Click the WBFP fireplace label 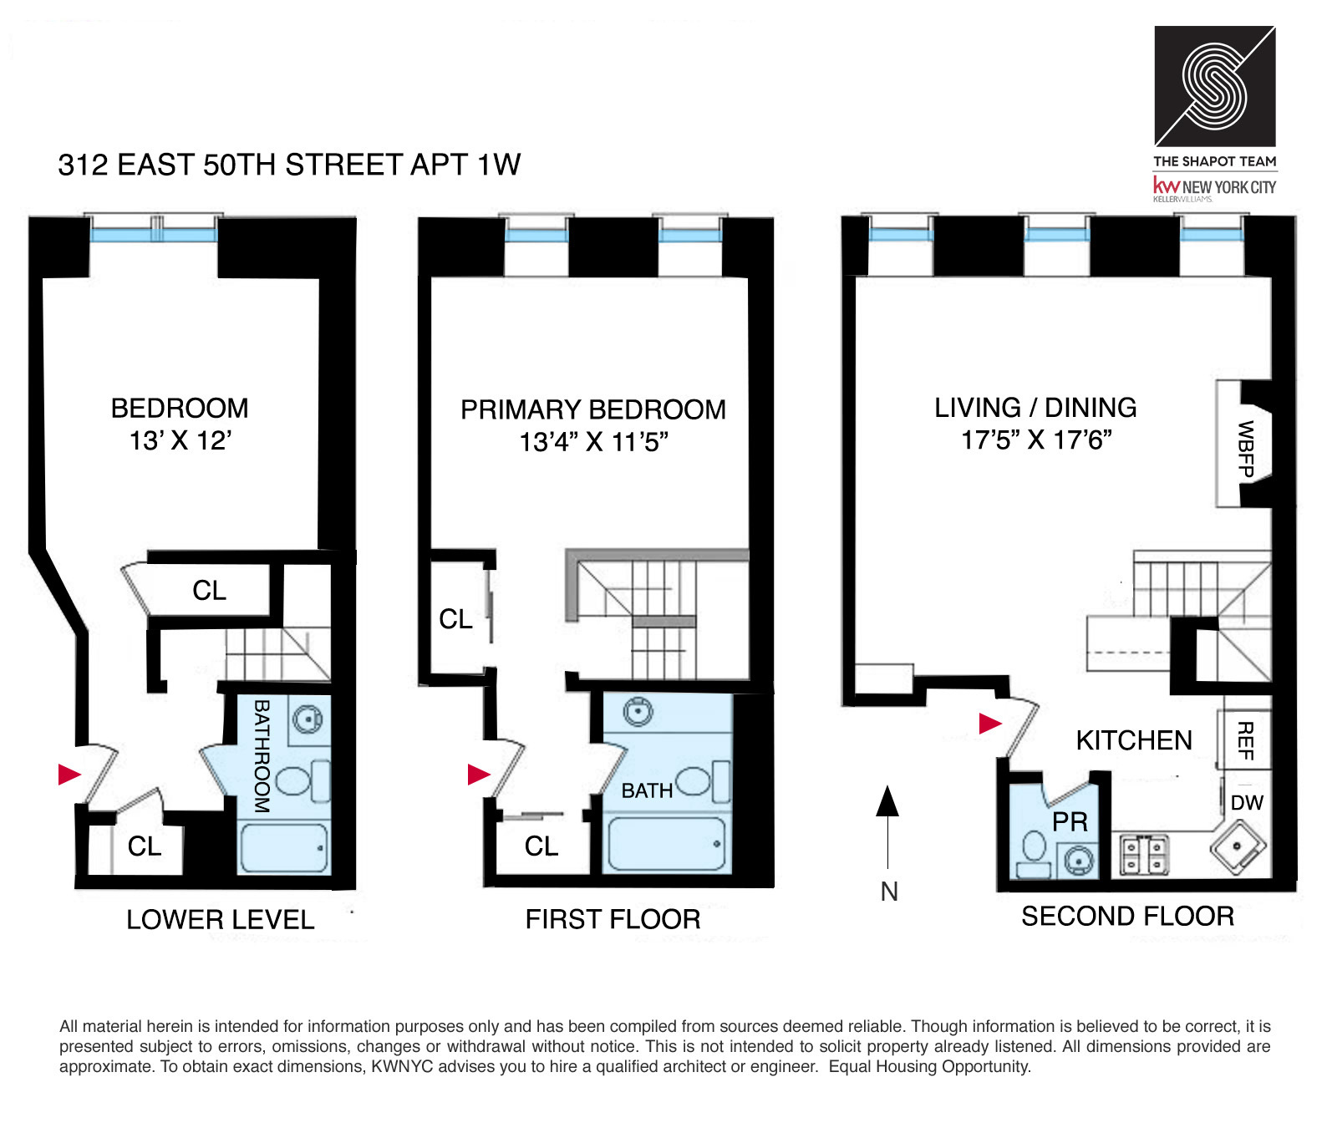[x=1245, y=449]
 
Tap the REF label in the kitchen [x=1244, y=740]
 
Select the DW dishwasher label [x=1247, y=803]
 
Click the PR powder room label [x=1070, y=822]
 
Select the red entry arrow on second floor [x=989, y=723]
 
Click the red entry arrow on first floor [x=478, y=775]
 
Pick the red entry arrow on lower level [x=69, y=775]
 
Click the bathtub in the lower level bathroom [x=283, y=848]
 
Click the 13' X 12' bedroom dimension [x=180, y=440]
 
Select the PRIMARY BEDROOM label [x=592, y=409]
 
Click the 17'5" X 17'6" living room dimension [x=1035, y=440]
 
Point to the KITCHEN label [x=1133, y=740]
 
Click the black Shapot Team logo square [x=1214, y=86]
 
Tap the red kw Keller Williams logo [x=1167, y=185]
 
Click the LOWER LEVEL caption [x=220, y=920]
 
